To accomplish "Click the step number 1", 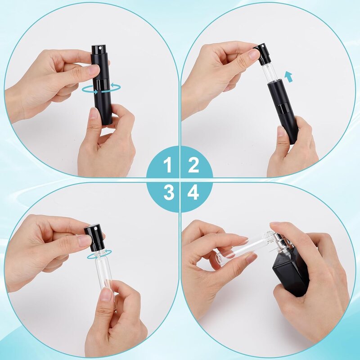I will (167, 166).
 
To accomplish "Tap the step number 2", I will (193, 166).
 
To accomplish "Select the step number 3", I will (168, 193).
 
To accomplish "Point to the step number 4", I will (193, 193).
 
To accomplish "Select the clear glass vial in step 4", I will (243, 248).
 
